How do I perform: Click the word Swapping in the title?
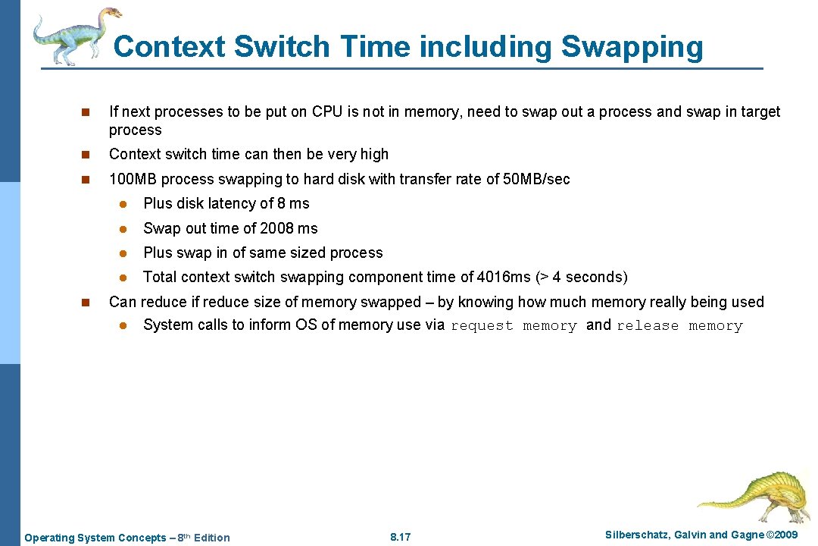(x=632, y=47)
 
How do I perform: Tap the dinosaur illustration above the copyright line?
(x=749, y=497)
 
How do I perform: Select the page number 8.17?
(x=400, y=538)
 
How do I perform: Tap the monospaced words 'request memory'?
(x=514, y=326)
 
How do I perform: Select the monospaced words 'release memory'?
(x=679, y=326)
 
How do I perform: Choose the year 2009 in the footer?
(x=784, y=535)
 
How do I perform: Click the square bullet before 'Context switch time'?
(x=86, y=155)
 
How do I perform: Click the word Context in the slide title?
(x=170, y=47)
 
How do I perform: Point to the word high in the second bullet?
(x=374, y=154)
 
